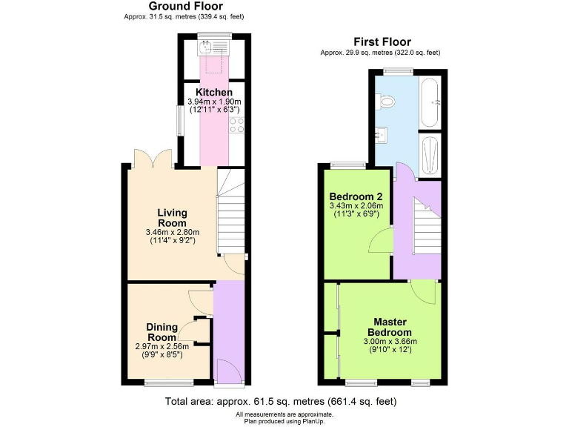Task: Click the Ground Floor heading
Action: (185, 7)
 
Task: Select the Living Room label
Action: (172, 218)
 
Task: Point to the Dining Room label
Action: (162, 332)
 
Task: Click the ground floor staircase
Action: (230, 212)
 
